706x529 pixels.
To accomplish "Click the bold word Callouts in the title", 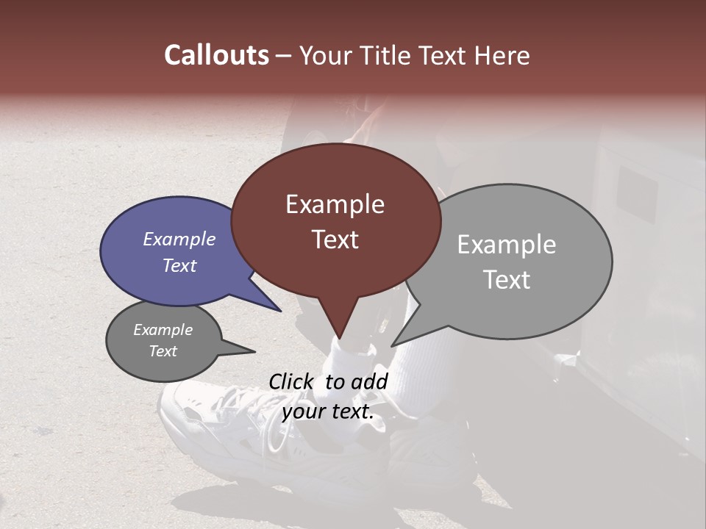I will click(x=216, y=56).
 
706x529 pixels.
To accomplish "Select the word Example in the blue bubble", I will click(x=179, y=239).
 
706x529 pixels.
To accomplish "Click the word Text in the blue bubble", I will click(x=179, y=265).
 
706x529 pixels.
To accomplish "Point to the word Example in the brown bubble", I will click(x=335, y=204).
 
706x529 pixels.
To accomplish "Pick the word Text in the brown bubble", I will click(x=335, y=240).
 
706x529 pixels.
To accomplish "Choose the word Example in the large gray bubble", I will click(x=506, y=245).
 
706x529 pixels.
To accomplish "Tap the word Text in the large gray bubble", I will click(x=506, y=280).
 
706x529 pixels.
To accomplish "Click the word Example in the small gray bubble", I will click(x=163, y=330).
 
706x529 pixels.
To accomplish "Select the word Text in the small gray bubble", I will click(x=163, y=351).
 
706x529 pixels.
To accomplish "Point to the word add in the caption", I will click(x=369, y=381).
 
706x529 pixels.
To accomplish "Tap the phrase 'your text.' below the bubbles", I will click(x=328, y=411).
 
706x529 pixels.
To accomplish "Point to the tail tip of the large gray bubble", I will click(x=392, y=345).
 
